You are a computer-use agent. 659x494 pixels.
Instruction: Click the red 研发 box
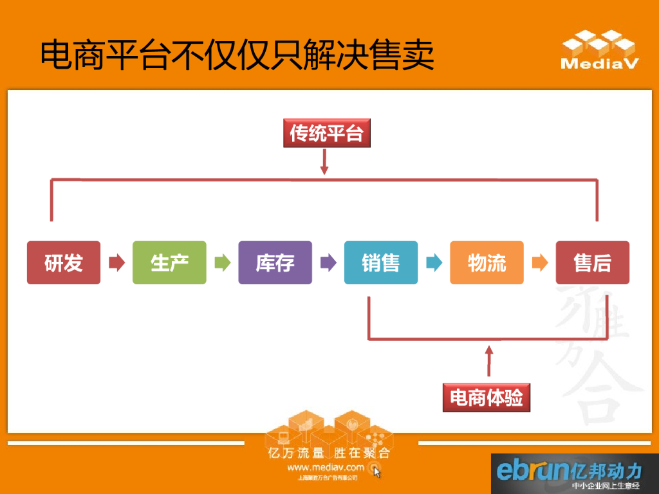pos(64,262)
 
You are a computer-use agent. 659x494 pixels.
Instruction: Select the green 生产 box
pos(169,262)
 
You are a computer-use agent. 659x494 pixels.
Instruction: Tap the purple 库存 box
pos(275,262)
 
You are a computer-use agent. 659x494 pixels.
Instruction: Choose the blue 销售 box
pos(380,262)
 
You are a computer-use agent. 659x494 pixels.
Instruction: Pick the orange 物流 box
pos(487,262)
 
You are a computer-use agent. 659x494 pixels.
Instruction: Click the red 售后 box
pos(592,262)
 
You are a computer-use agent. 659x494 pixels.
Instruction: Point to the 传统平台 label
pos(327,133)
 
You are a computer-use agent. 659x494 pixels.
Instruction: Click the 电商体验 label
pos(487,398)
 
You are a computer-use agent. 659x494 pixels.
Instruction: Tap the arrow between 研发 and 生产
pos(116,262)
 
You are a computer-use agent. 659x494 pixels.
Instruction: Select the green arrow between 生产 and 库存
pos(222,262)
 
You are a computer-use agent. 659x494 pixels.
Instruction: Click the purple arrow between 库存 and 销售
pos(328,262)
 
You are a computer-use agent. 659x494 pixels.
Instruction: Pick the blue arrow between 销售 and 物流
pos(434,262)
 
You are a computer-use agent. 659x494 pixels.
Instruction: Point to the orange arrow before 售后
pos(539,262)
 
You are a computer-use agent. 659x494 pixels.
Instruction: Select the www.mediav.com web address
pos(326,468)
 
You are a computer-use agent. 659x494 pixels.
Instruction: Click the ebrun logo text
pos(533,470)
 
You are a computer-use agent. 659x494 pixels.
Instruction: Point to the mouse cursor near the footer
pos(377,472)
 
